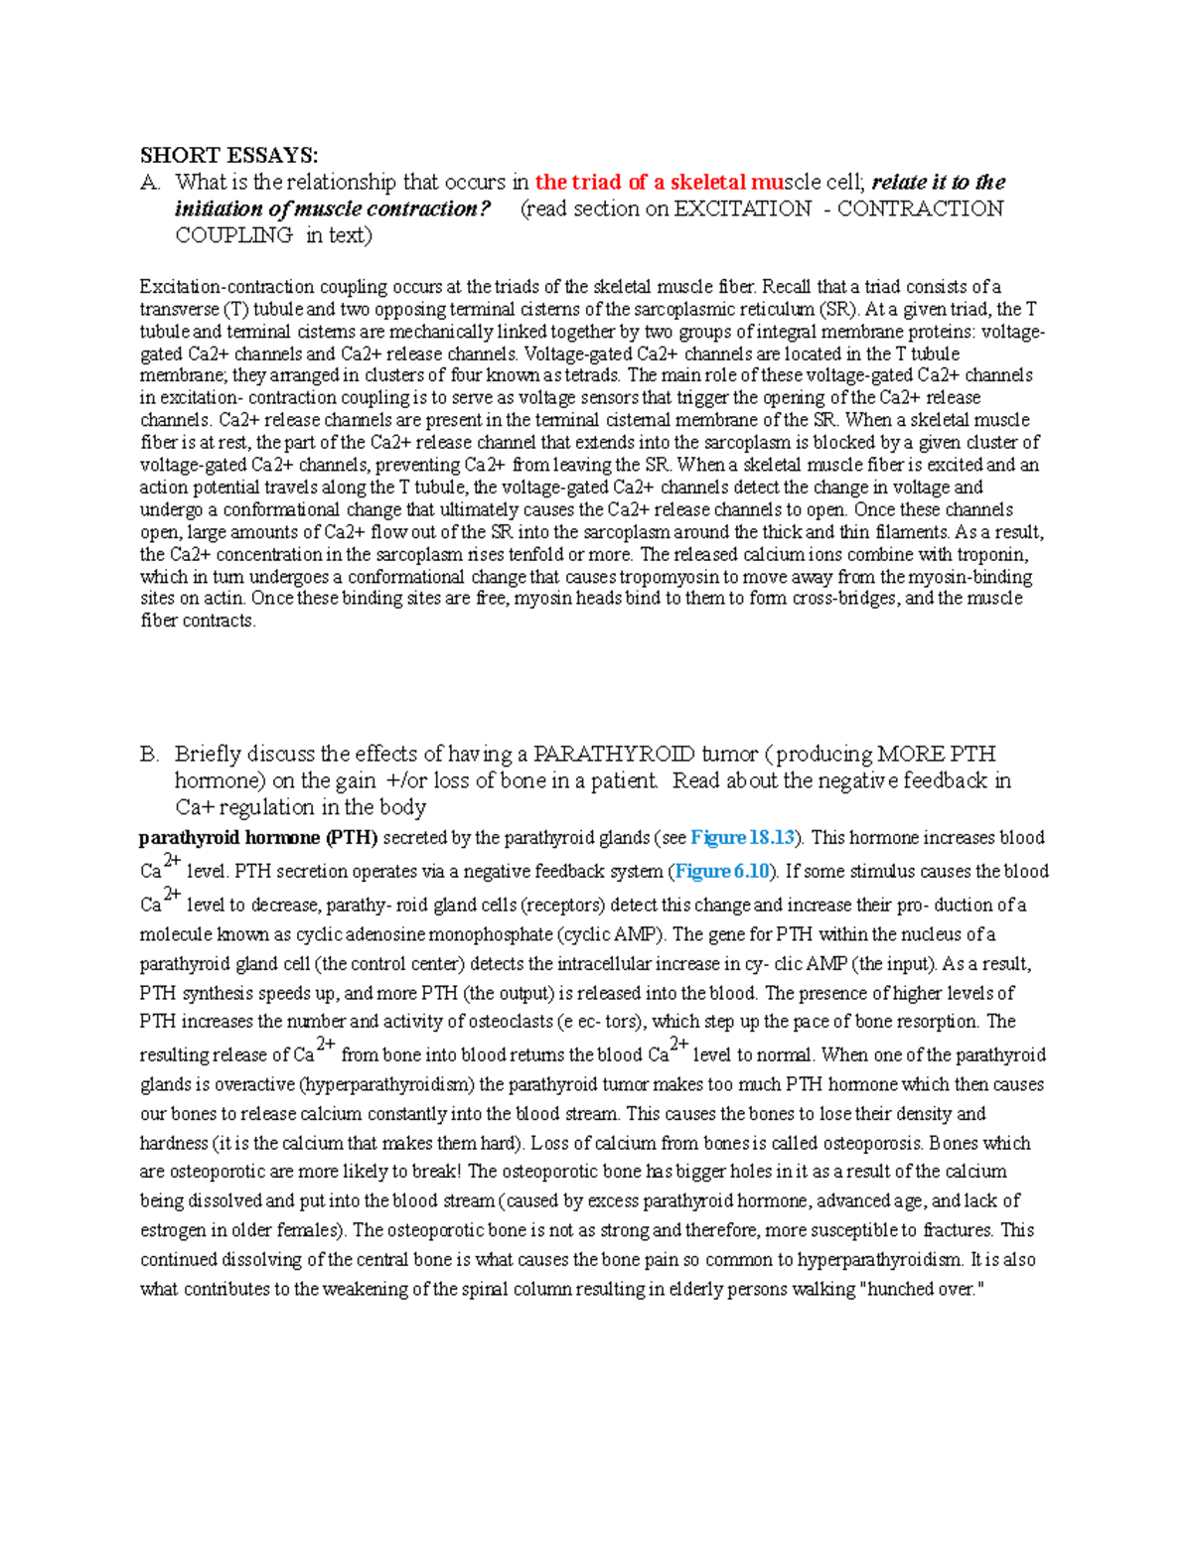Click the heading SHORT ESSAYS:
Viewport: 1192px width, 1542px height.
click(x=228, y=155)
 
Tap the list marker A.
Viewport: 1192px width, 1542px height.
click(x=150, y=182)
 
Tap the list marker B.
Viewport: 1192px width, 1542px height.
click(x=149, y=754)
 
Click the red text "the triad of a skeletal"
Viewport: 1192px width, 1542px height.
click(x=641, y=182)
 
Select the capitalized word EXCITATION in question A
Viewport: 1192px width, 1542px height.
click(x=742, y=209)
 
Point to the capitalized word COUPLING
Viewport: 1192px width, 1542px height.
click(x=233, y=235)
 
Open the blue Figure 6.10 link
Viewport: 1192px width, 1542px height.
click(x=722, y=872)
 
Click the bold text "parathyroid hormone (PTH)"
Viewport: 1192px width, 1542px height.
click(x=258, y=838)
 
